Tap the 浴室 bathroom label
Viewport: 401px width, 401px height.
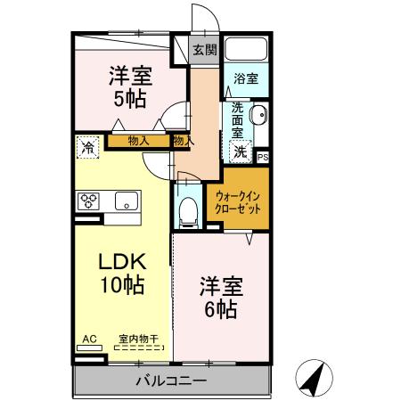click(246, 78)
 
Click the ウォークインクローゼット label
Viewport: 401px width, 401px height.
click(239, 203)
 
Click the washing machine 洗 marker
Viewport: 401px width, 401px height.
click(241, 151)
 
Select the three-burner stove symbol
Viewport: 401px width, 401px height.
click(90, 200)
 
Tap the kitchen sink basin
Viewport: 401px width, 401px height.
click(124, 200)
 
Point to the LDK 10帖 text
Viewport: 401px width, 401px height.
click(122, 274)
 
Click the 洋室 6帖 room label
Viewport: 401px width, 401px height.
click(217, 298)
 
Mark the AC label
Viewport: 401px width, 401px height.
click(89, 339)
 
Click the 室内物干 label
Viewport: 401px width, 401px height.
click(138, 339)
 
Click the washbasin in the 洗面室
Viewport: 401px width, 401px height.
click(258, 117)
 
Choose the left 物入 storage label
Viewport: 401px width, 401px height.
click(138, 140)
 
